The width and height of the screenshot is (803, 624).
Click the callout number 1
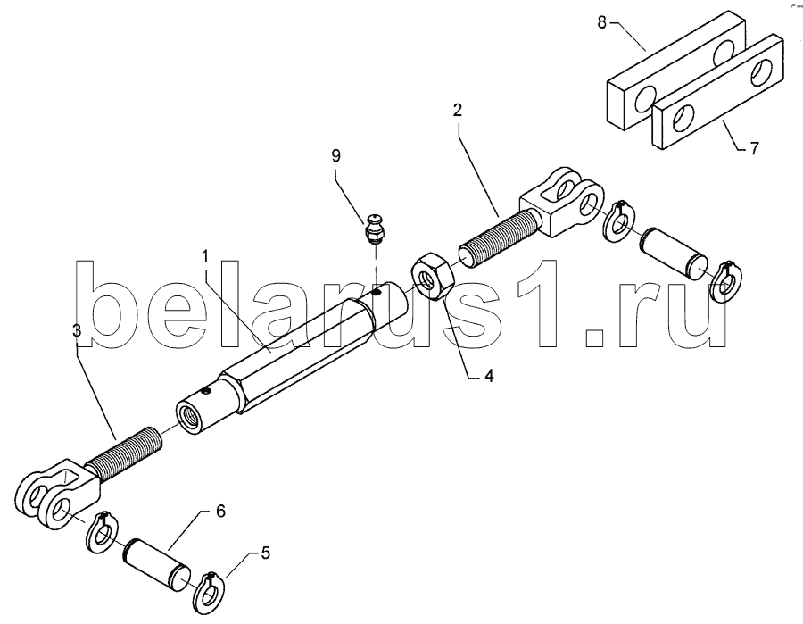tap(204, 256)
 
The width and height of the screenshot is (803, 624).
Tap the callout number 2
tap(458, 111)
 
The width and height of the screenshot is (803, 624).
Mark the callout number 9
tap(335, 155)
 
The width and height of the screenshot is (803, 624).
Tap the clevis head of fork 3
tap(54, 491)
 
